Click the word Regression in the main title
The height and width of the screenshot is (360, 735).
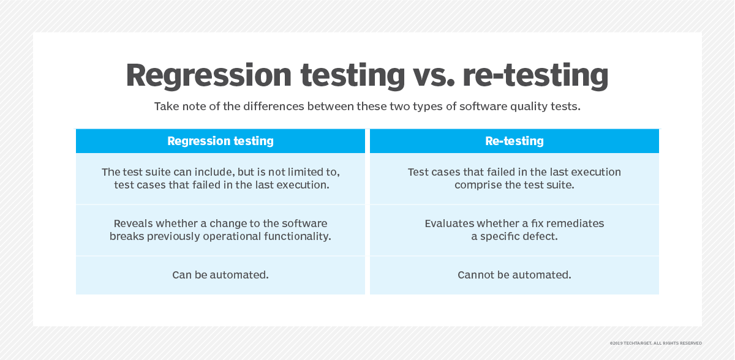click(209, 76)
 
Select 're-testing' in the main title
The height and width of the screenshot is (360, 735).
click(535, 76)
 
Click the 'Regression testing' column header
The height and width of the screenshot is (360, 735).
click(221, 141)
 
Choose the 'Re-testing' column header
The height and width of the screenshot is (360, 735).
click(514, 141)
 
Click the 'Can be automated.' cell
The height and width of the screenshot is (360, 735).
click(221, 275)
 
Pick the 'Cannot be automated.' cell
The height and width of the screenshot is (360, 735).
click(514, 275)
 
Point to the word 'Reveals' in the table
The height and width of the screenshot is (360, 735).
click(134, 223)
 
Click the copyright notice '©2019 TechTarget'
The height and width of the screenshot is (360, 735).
click(631, 343)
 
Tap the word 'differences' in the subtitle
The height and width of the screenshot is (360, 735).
click(274, 107)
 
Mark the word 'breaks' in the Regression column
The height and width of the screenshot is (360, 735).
click(127, 236)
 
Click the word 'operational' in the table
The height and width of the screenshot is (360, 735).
click(232, 237)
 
